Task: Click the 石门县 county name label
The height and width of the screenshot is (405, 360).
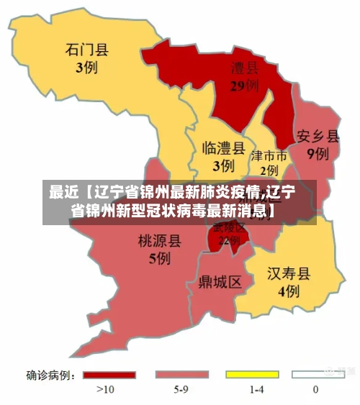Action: point(86,50)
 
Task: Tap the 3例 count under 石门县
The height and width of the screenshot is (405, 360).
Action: point(86,68)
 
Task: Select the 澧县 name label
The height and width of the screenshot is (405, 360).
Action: point(244,68)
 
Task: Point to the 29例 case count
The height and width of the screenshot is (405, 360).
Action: point(244,86)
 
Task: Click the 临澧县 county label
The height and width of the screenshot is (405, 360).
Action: point(223,147)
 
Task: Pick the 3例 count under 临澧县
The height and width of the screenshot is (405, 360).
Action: point(223,165)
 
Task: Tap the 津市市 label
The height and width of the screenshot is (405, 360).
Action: point(269,156)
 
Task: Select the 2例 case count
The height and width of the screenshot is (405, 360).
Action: point(269,170)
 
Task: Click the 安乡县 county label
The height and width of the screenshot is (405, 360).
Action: point(318,136)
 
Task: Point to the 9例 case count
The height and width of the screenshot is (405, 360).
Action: point(318,153)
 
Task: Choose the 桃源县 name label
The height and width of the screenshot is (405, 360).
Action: point(159,240)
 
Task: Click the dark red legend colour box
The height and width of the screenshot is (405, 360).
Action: point(109,375)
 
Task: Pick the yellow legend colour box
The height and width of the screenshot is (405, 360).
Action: point(252,375)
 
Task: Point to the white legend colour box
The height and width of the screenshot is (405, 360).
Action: point(318,375)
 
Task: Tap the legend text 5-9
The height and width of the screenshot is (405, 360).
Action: point(180,390)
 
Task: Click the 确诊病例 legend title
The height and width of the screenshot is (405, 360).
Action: point(51,375)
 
